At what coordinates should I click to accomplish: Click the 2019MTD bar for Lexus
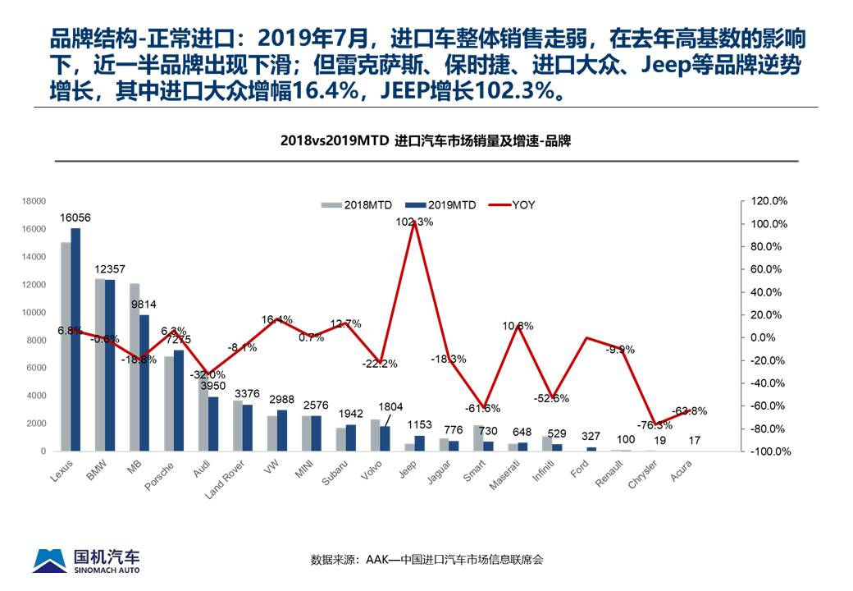coord(75,340)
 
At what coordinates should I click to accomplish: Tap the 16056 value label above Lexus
coord(75,218)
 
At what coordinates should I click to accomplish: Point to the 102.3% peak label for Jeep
coord(414,222)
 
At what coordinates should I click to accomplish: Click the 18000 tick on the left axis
coord(34,201)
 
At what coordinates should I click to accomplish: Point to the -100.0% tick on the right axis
coord(771,451)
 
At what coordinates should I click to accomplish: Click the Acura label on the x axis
coord(681,472)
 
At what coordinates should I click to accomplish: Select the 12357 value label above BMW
coord(109,269)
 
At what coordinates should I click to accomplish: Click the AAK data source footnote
coord(426,560)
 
